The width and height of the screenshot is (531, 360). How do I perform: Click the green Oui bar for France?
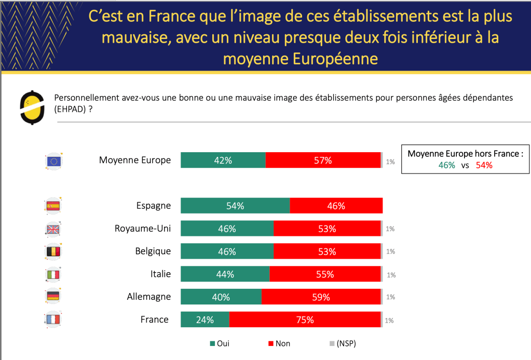coord(205,319)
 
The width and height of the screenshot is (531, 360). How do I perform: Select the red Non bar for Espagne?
coord(336,206)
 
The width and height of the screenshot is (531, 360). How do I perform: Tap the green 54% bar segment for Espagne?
coord(235,206)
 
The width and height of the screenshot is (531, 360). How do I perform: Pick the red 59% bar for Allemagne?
coord(321,297)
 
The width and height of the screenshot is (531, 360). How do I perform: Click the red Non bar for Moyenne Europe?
coord(322,161)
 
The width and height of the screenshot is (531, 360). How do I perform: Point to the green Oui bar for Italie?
coord(225,274)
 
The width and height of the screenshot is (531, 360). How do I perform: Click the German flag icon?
coord(53,297)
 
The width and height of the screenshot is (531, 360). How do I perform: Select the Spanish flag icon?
coord(53,206)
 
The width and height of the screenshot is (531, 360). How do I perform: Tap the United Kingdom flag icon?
coord(53,229)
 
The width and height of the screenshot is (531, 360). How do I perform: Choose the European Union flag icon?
coord(54,162)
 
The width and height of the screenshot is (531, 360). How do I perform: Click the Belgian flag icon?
coord(53,251)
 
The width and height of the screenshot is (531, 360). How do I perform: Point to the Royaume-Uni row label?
coord(143,229)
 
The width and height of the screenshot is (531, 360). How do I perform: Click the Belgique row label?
coord(153,251)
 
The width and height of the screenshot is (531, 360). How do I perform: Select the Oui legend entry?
coord(219,343)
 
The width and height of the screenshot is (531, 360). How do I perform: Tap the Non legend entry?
coord(279,343)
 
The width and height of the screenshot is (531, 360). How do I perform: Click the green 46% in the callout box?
coord(446,165)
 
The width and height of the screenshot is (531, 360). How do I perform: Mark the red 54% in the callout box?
coord(484,165)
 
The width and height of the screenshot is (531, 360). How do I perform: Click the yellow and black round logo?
coord(32,108)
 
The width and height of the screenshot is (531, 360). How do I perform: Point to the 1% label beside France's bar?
coord(389,321)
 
